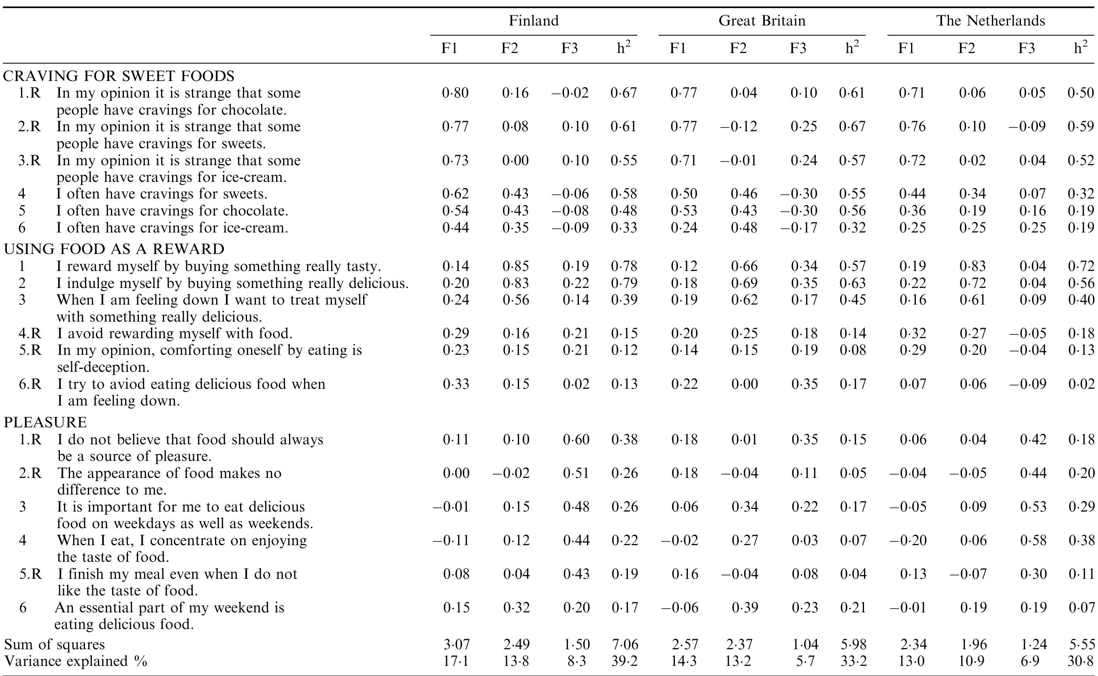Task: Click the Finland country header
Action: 534,21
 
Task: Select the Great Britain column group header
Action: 762,21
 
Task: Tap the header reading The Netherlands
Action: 991,21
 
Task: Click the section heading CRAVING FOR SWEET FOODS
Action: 119,76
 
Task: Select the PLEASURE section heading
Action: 45,422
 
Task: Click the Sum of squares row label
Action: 55,644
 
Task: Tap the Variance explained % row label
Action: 76,661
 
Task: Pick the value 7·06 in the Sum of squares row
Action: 624,644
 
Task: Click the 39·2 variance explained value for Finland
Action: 624,661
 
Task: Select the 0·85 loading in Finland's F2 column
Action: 515,267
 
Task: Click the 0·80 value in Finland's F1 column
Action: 455,93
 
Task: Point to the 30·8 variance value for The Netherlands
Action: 1081,661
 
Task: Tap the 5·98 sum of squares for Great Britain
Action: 853,644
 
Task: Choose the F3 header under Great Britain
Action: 798,48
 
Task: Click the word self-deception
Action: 103,367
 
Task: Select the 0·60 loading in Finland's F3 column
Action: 576,439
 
